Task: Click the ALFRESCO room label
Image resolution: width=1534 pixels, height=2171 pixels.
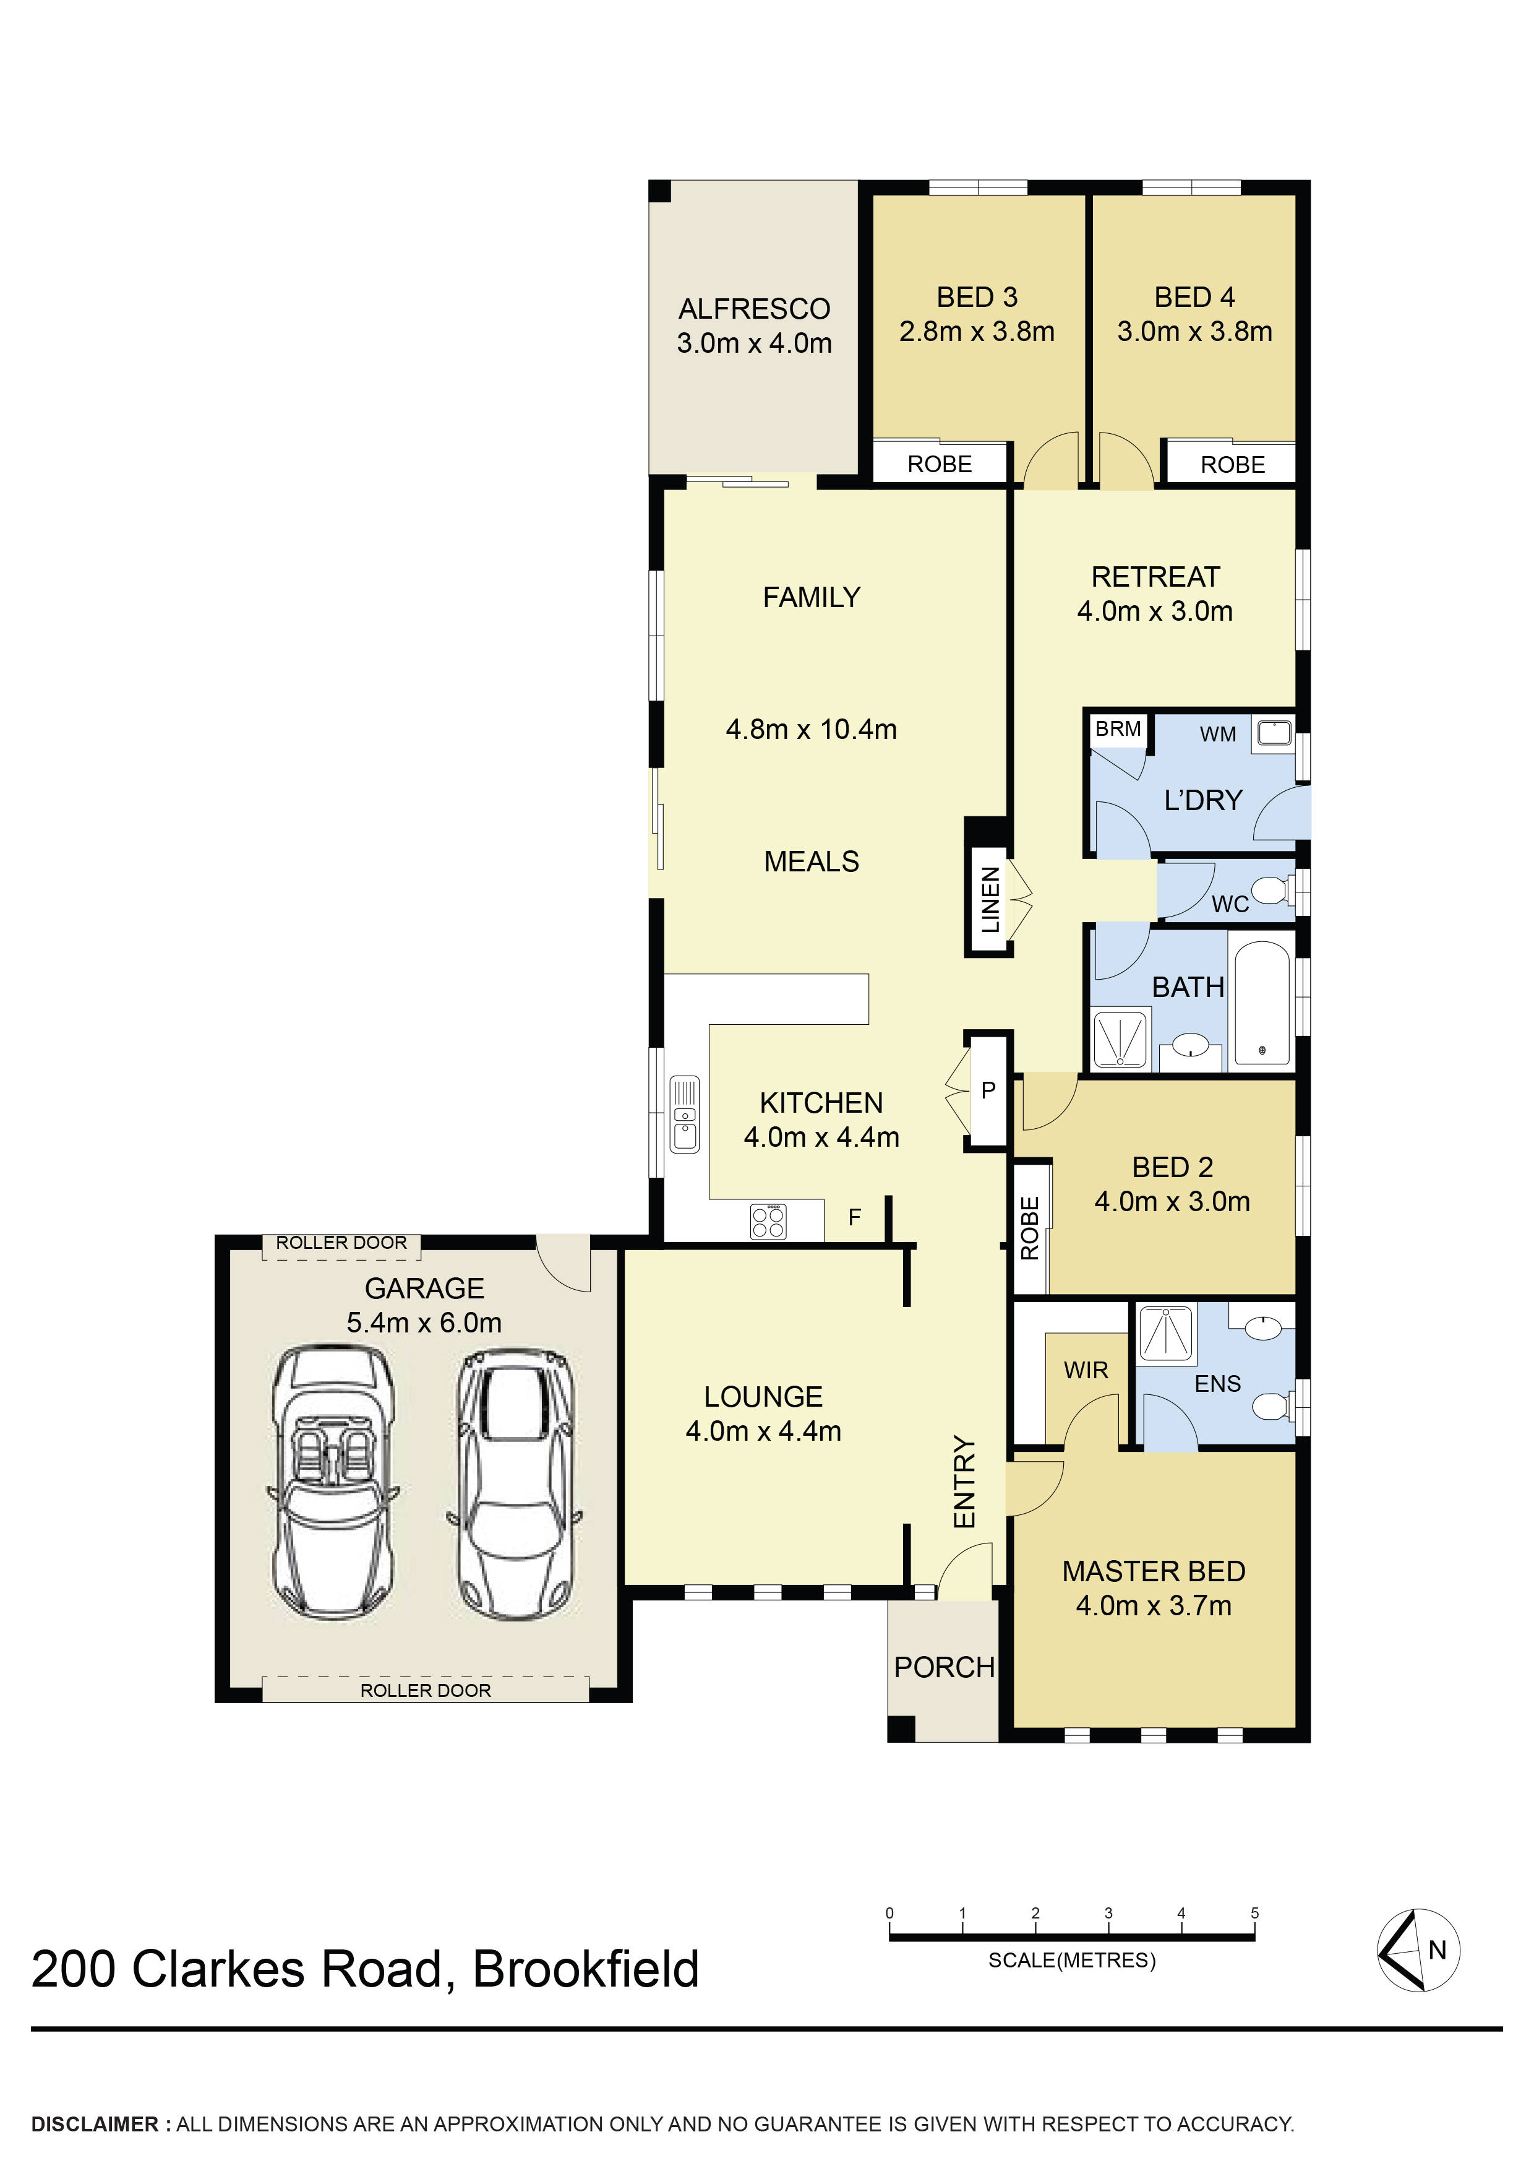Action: [753, 309]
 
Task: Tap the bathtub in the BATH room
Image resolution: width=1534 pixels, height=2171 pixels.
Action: [1262, 1003]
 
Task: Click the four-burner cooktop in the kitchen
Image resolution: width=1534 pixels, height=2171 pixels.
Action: [768, 1220]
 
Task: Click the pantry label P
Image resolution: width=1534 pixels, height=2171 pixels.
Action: [988, 1090]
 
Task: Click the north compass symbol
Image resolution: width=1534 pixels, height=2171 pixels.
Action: [1417, 1949]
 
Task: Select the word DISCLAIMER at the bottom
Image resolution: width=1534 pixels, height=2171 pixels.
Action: [95, 2124]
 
